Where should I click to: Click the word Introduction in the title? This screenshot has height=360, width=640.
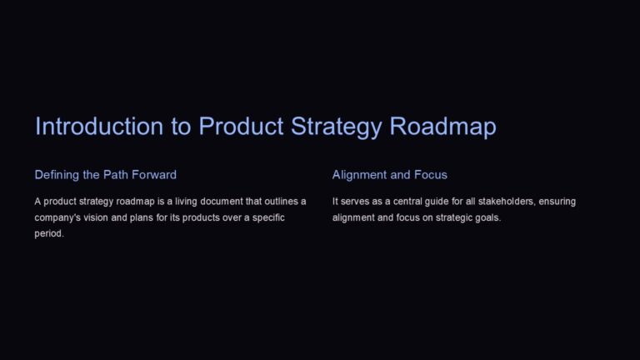coord(87,127)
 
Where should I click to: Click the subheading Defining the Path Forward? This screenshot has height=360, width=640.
coord(105,175)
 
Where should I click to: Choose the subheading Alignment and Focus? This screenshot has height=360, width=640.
coord(389,175)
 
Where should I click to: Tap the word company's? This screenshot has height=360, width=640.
coord(57,217)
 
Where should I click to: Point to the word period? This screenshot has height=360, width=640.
coord(49,233)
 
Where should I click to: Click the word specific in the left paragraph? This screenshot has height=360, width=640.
coord(267,217)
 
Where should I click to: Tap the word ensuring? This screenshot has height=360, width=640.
coord(556,202)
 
